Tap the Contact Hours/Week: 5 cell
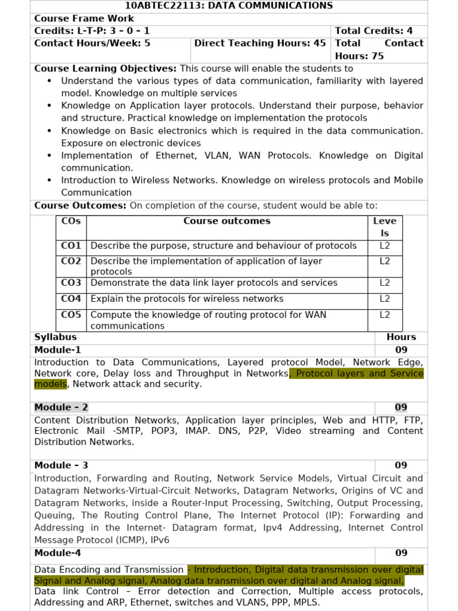[x=92, y=44]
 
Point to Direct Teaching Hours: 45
[x=260, y=44]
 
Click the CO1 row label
[x=71, y=246]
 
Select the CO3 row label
[x=71, y=283]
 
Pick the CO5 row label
[x=71, y=314]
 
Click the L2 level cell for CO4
[x=385, y=299]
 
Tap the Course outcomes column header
[x=227, y=221]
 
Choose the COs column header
[x=71, y=221]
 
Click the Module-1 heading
[x=58, y=350]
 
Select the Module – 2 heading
[x=61, y=408]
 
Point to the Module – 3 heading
[x=61, y=465]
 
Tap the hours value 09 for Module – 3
[x=401, y=465]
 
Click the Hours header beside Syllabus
[x=401, y=337]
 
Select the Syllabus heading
[x=55, y=337]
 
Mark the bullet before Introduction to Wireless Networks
[x=49, y=180]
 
